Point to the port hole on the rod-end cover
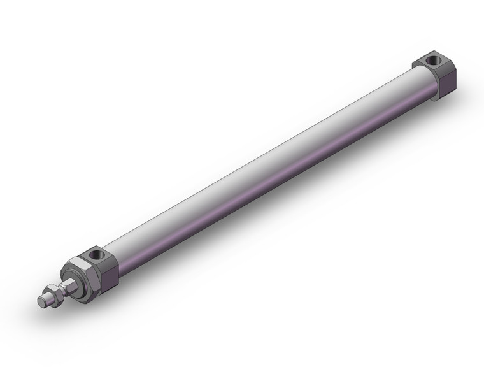click(97, 255)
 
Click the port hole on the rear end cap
click(434, 61)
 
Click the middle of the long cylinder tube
click(267, 166)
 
